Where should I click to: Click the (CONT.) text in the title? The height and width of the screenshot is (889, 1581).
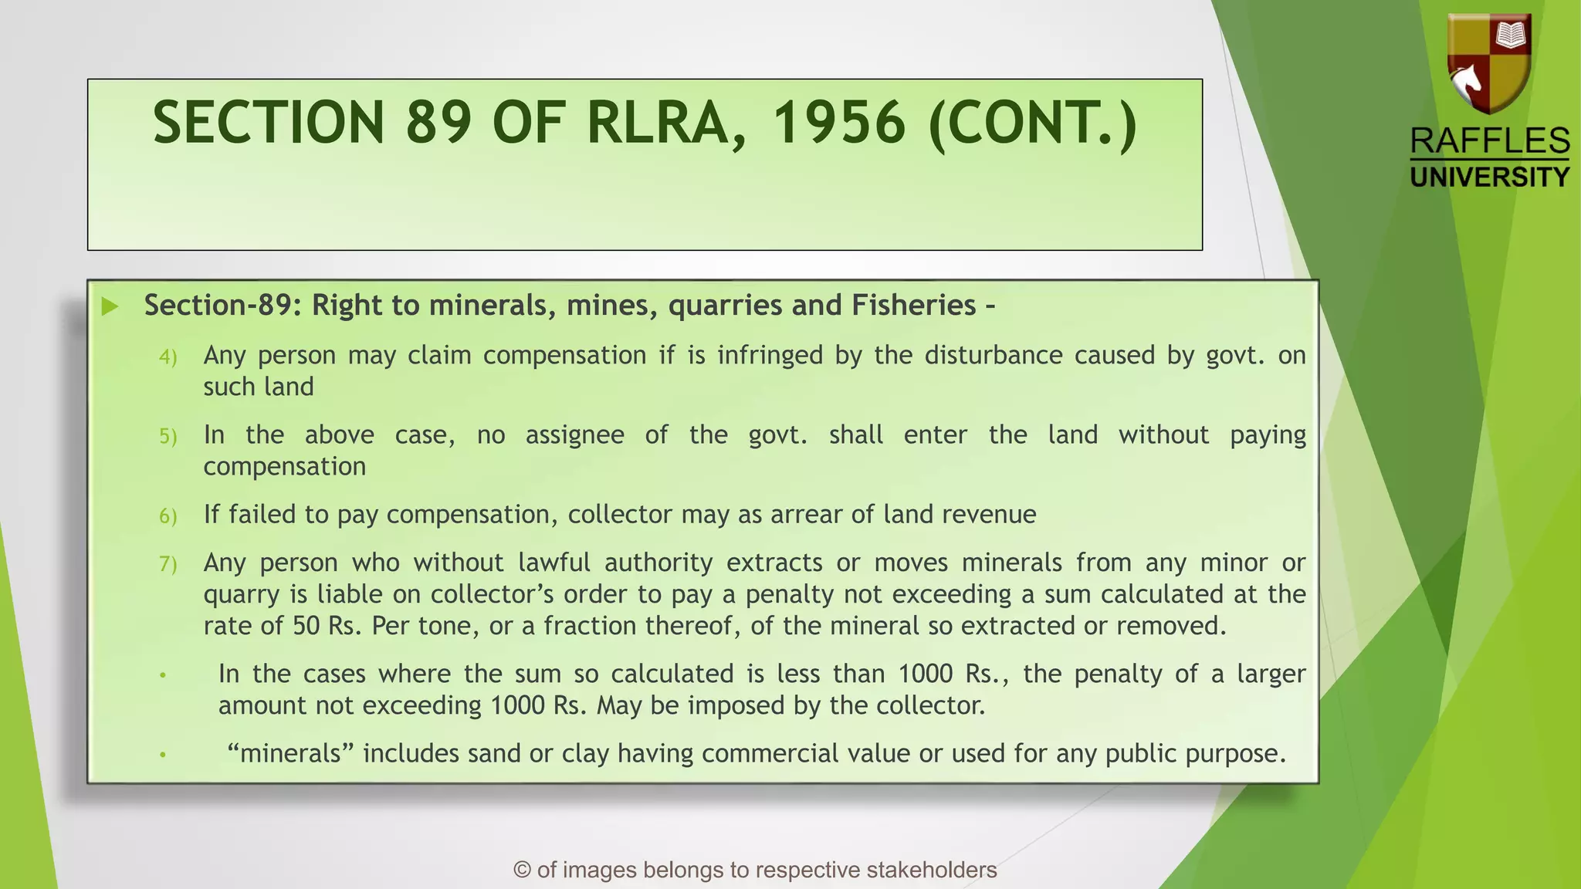pos(1033,123)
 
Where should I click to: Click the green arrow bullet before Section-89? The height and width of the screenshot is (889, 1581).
pos(110,306)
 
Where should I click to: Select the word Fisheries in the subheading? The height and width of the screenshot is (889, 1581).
pos(914,306)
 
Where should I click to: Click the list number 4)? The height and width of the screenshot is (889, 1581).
pos(168,357)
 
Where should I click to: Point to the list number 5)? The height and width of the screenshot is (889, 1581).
pos(168,437)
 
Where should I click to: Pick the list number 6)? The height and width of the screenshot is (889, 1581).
pos(168,516)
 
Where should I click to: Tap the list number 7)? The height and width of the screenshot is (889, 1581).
pos(168,564)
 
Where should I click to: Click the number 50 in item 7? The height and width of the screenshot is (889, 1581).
pos(306,626)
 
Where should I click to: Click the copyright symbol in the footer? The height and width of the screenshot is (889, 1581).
pos(523,870)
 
